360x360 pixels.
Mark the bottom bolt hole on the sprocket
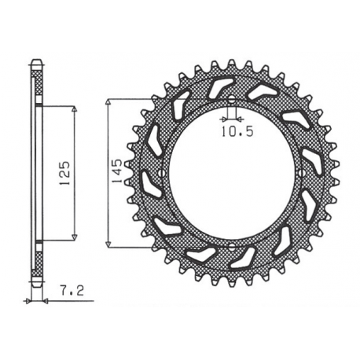[234, 246]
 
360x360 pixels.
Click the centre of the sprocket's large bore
[234, 173]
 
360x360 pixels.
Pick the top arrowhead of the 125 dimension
[74, 109]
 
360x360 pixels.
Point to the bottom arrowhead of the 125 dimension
[74, 235]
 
